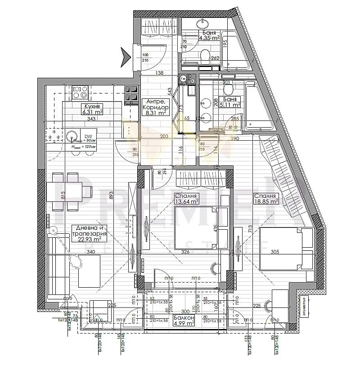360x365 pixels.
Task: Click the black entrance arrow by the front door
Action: pos(125,56)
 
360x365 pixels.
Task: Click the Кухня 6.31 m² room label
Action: pos(92,109)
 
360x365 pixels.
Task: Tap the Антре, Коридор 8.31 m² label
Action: pos(155,107)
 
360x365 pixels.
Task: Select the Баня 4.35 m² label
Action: pos(209,36)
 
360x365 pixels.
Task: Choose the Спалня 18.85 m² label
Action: pos(266,199)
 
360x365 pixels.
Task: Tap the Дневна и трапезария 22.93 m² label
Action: pos(89,234)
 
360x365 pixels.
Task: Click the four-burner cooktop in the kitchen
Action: pos(80,92)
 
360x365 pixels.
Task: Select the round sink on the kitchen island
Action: pos(71,135)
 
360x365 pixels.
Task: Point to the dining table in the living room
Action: pos(67,191)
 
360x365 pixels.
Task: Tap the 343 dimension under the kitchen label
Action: pos(91,119)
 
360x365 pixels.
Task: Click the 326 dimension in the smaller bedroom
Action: pos(185,252)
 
